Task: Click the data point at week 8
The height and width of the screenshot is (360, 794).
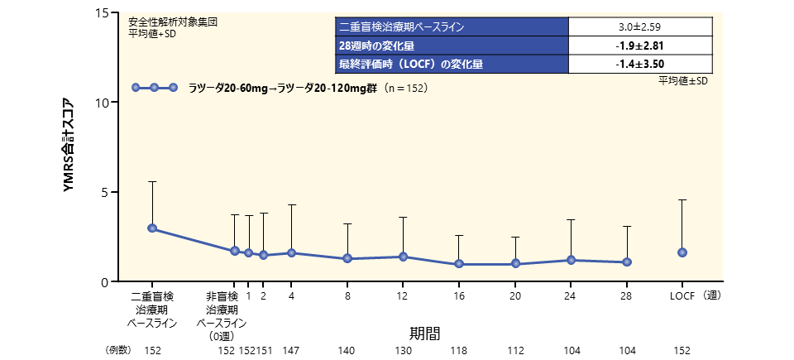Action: (x=347, y=258)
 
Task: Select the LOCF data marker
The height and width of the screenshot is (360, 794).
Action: (x=682, y=252)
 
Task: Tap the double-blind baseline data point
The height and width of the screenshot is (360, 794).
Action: (x=152, y=228)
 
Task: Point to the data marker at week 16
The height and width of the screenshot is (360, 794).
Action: (x=459, y=264)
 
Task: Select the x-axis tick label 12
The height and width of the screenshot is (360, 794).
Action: (x=403, y=295)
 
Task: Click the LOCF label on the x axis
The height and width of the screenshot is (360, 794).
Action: (x=682, y=295)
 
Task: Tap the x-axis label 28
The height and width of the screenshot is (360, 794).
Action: (x=626, y=295)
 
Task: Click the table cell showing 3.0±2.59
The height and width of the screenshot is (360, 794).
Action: (x=640, y=26)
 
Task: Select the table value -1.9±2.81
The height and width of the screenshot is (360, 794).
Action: (x=640, y=45)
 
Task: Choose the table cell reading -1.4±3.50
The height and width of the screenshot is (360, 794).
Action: (x=640, y=63)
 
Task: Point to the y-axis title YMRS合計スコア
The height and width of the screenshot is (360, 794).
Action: (x=70, y=146)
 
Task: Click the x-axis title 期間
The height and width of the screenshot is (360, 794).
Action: (x=423, y=333)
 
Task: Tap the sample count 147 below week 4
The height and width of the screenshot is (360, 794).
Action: (x=291, y=351)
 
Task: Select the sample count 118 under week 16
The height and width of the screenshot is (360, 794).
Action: (x=459, y=351)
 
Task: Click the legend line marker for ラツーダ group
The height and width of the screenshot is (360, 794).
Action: (x=155, y=88)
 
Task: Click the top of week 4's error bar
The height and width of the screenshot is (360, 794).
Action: (x=291, y=204)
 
